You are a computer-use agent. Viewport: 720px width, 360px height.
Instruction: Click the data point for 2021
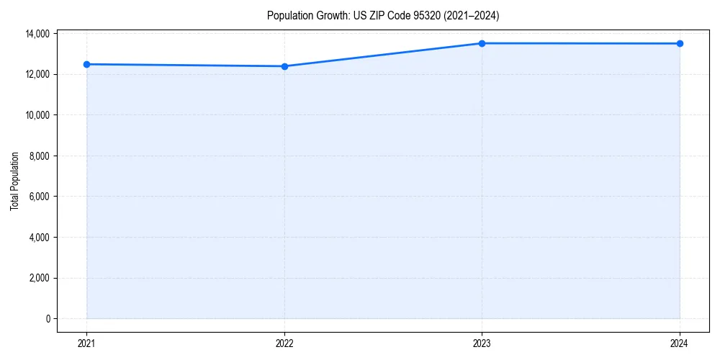pos(86,64)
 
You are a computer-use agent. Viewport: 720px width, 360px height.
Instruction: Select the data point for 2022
pos(284,66)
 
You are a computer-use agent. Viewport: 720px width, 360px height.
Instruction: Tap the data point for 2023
pos(482,43)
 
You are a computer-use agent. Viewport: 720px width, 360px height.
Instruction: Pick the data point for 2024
pos(680,44)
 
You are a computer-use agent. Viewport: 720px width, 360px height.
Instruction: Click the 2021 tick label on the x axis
pos(86,343)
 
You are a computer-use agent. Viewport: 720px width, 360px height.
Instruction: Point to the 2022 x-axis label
pos(284,343)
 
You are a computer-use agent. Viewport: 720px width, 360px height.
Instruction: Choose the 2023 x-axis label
pos(482,343)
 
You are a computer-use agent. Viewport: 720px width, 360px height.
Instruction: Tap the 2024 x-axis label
pos(680,343)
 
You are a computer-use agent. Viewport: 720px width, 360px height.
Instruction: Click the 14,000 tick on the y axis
pos(37,34)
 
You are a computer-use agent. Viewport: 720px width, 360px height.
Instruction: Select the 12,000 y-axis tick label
pos(37,74)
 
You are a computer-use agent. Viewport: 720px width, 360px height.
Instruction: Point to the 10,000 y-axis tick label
pos(37,115)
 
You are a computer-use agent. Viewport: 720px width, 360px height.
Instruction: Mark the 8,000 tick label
pos(39,156)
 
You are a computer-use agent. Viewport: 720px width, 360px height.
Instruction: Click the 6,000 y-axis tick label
pos(39,197)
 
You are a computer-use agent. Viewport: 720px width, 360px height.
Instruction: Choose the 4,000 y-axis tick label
pos(39,238)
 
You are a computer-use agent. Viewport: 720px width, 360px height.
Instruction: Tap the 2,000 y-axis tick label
pos(39,278)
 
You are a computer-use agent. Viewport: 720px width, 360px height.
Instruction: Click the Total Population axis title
pos(15,181)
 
